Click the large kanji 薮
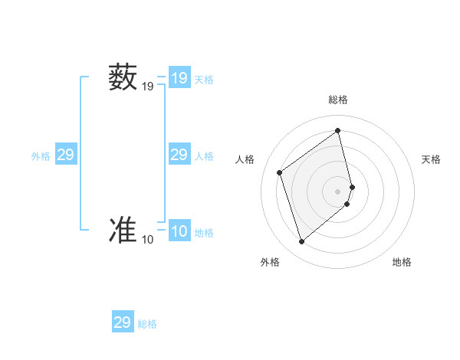(x=123, y=77)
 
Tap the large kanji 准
(x=123, y=230)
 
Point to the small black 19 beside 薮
(x=147, y=87)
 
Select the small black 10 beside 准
(x=147, y=240)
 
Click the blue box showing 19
(x=179, y=78)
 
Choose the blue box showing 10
(x=179, y=231)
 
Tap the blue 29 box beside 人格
(x=179, y=155)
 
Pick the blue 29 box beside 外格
(x=65, y=155)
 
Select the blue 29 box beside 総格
(x=123, y=322)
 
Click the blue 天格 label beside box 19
(x=204, y=80)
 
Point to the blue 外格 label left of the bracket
(x=41, y=156)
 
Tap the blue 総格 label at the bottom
(x=147, y=324)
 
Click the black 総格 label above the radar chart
(x=338, y=100)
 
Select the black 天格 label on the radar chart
(x=431, y=159)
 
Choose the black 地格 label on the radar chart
(x=402, y=262)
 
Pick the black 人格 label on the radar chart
(x=245, y=159)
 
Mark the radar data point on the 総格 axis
(x=338, y=131)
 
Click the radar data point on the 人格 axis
(x=280, y=172)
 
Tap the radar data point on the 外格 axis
(x=301, y=242)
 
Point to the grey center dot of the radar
(x=338, y=191)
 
